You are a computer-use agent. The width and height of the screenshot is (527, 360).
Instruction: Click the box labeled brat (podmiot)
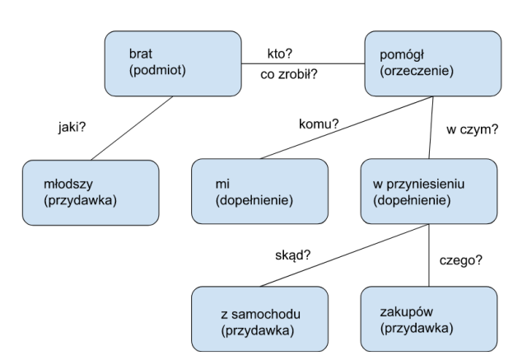172,63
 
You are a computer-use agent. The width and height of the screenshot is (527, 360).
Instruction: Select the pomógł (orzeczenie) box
434,63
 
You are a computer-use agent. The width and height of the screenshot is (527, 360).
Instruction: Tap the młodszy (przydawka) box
90,193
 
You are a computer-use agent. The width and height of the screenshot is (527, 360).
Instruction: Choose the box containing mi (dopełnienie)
259,192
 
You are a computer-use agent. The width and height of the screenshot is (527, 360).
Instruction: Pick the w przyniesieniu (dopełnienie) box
428,192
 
